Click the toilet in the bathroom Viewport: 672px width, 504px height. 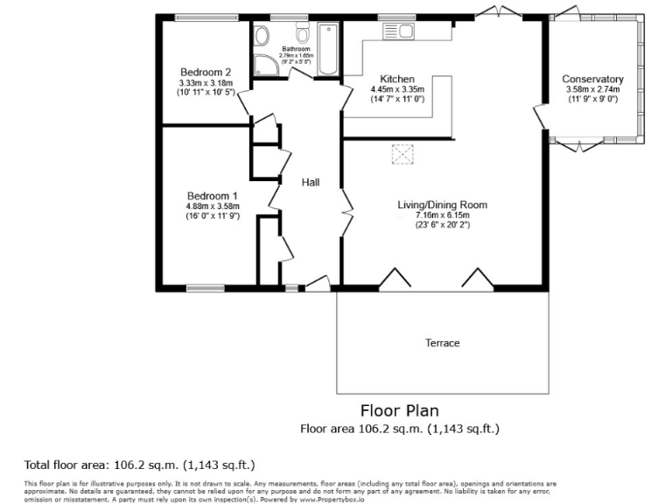(303, 35)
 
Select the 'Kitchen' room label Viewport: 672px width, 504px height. (396, 79)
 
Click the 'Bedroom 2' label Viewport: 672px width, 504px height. (206, 72)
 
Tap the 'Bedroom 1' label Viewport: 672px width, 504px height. (212, 195)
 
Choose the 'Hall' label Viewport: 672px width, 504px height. (310, 183)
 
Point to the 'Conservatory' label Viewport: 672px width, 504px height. (592, 79)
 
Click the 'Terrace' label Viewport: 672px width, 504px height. (442, 343)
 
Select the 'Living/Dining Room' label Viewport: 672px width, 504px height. (442, 205)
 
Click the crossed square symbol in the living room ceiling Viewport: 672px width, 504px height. (402, 155)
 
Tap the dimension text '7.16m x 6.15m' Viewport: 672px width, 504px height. (442, 215)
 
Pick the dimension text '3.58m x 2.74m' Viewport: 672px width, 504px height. (592, 89)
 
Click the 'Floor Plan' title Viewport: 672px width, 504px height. (400, 410)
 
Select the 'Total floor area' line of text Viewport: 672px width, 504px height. (140, 464)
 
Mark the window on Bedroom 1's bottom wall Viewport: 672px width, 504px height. (206, 287)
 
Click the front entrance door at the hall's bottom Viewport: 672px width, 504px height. (316, 283)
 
